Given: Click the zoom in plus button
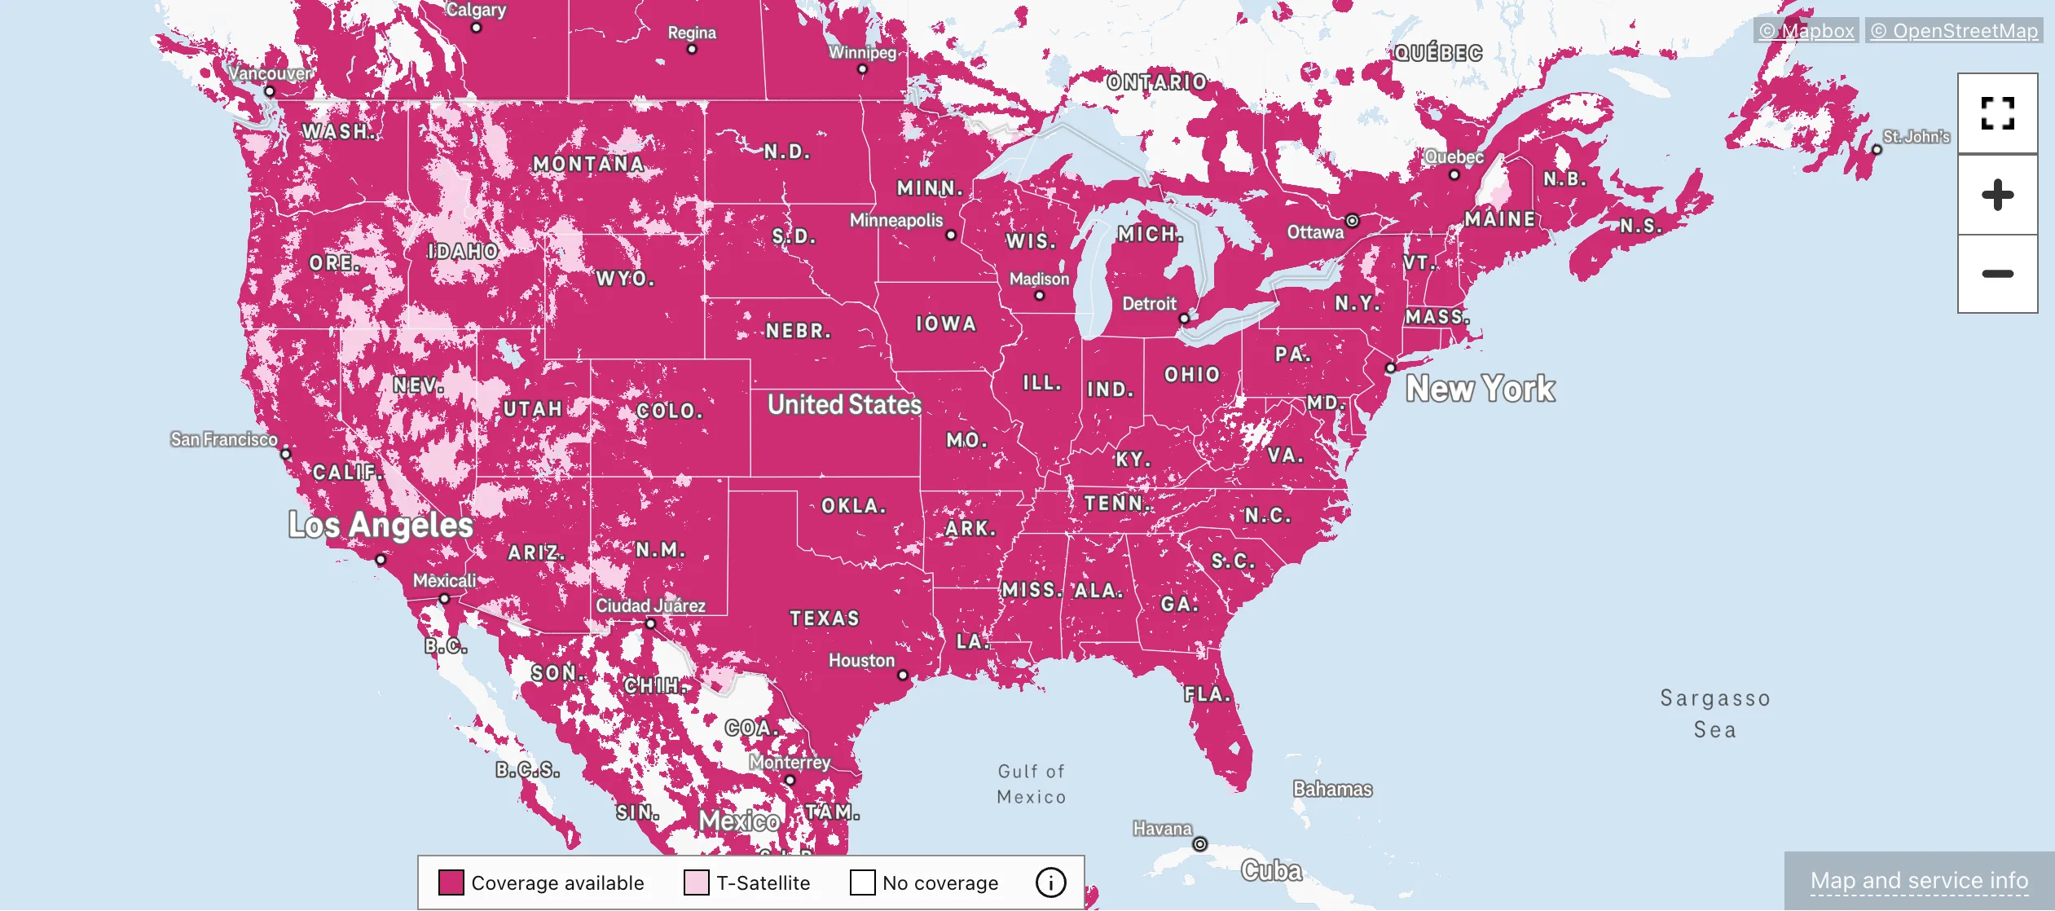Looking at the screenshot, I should click(1997, 195).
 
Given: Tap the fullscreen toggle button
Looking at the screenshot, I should click(1997, 113).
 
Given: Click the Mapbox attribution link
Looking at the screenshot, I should click(1806, 31).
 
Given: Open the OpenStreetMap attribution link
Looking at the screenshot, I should click(1954, 31).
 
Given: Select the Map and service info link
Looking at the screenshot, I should click(1919, 881).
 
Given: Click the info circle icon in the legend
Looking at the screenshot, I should click(1050, 882).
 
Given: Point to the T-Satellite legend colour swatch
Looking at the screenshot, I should click(696, 882).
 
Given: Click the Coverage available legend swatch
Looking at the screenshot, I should click(451, 882).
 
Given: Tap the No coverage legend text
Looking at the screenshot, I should click(939, 883).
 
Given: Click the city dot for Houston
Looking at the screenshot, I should click(903, 676).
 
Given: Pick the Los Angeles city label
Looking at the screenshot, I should click(381, 526).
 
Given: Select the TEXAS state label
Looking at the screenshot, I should click(825, 618).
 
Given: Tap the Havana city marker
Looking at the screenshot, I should click(1199, 844).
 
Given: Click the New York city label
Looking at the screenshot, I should click(1480, 389).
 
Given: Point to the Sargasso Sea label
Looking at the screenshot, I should click(1715, 714).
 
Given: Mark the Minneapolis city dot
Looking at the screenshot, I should click(951, 235).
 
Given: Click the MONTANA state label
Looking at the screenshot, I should click(588, 164).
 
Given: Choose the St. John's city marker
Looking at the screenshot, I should click(1877, 150).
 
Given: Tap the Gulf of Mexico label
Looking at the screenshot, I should click(1032, 784).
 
